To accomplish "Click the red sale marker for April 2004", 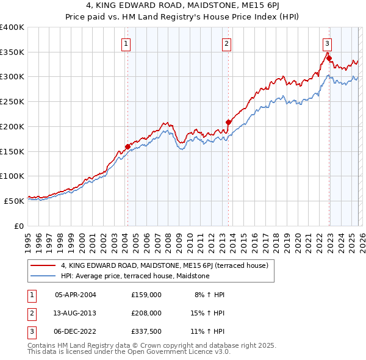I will (x=127, y=146).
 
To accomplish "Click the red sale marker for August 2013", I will (x=228, y=122).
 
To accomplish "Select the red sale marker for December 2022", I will (x=329, y=59).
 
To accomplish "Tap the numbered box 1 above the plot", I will (x=126, y=43).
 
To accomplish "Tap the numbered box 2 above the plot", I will (x=226, y=43).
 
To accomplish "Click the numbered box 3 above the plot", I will (x=327, y=43).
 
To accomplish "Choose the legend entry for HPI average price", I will (x=135, y=276).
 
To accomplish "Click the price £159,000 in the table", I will (x=146, y=294).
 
